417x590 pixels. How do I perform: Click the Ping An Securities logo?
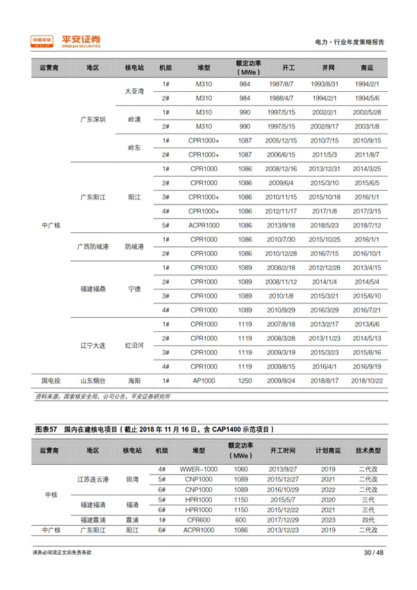click(x=67, y=41)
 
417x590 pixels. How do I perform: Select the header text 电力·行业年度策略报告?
click(x=350, y=42)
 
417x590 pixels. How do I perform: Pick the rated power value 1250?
click(x=245, y=381)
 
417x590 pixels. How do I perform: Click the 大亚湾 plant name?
click(x=133, y=91)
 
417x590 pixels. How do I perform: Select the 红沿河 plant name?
click(x=134, y=346)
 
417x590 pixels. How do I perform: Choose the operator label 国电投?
click(x=51, y=381)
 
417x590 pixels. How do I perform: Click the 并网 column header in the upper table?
click(x=328, y=67)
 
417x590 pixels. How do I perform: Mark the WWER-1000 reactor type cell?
click(x=198, y=469)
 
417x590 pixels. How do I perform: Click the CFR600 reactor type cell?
click(x=198, y=520)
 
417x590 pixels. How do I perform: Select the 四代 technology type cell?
click(x=366, y=520)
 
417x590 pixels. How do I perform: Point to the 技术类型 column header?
click(x=366, y=451)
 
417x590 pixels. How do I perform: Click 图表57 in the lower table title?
click(x=45, y=429)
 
